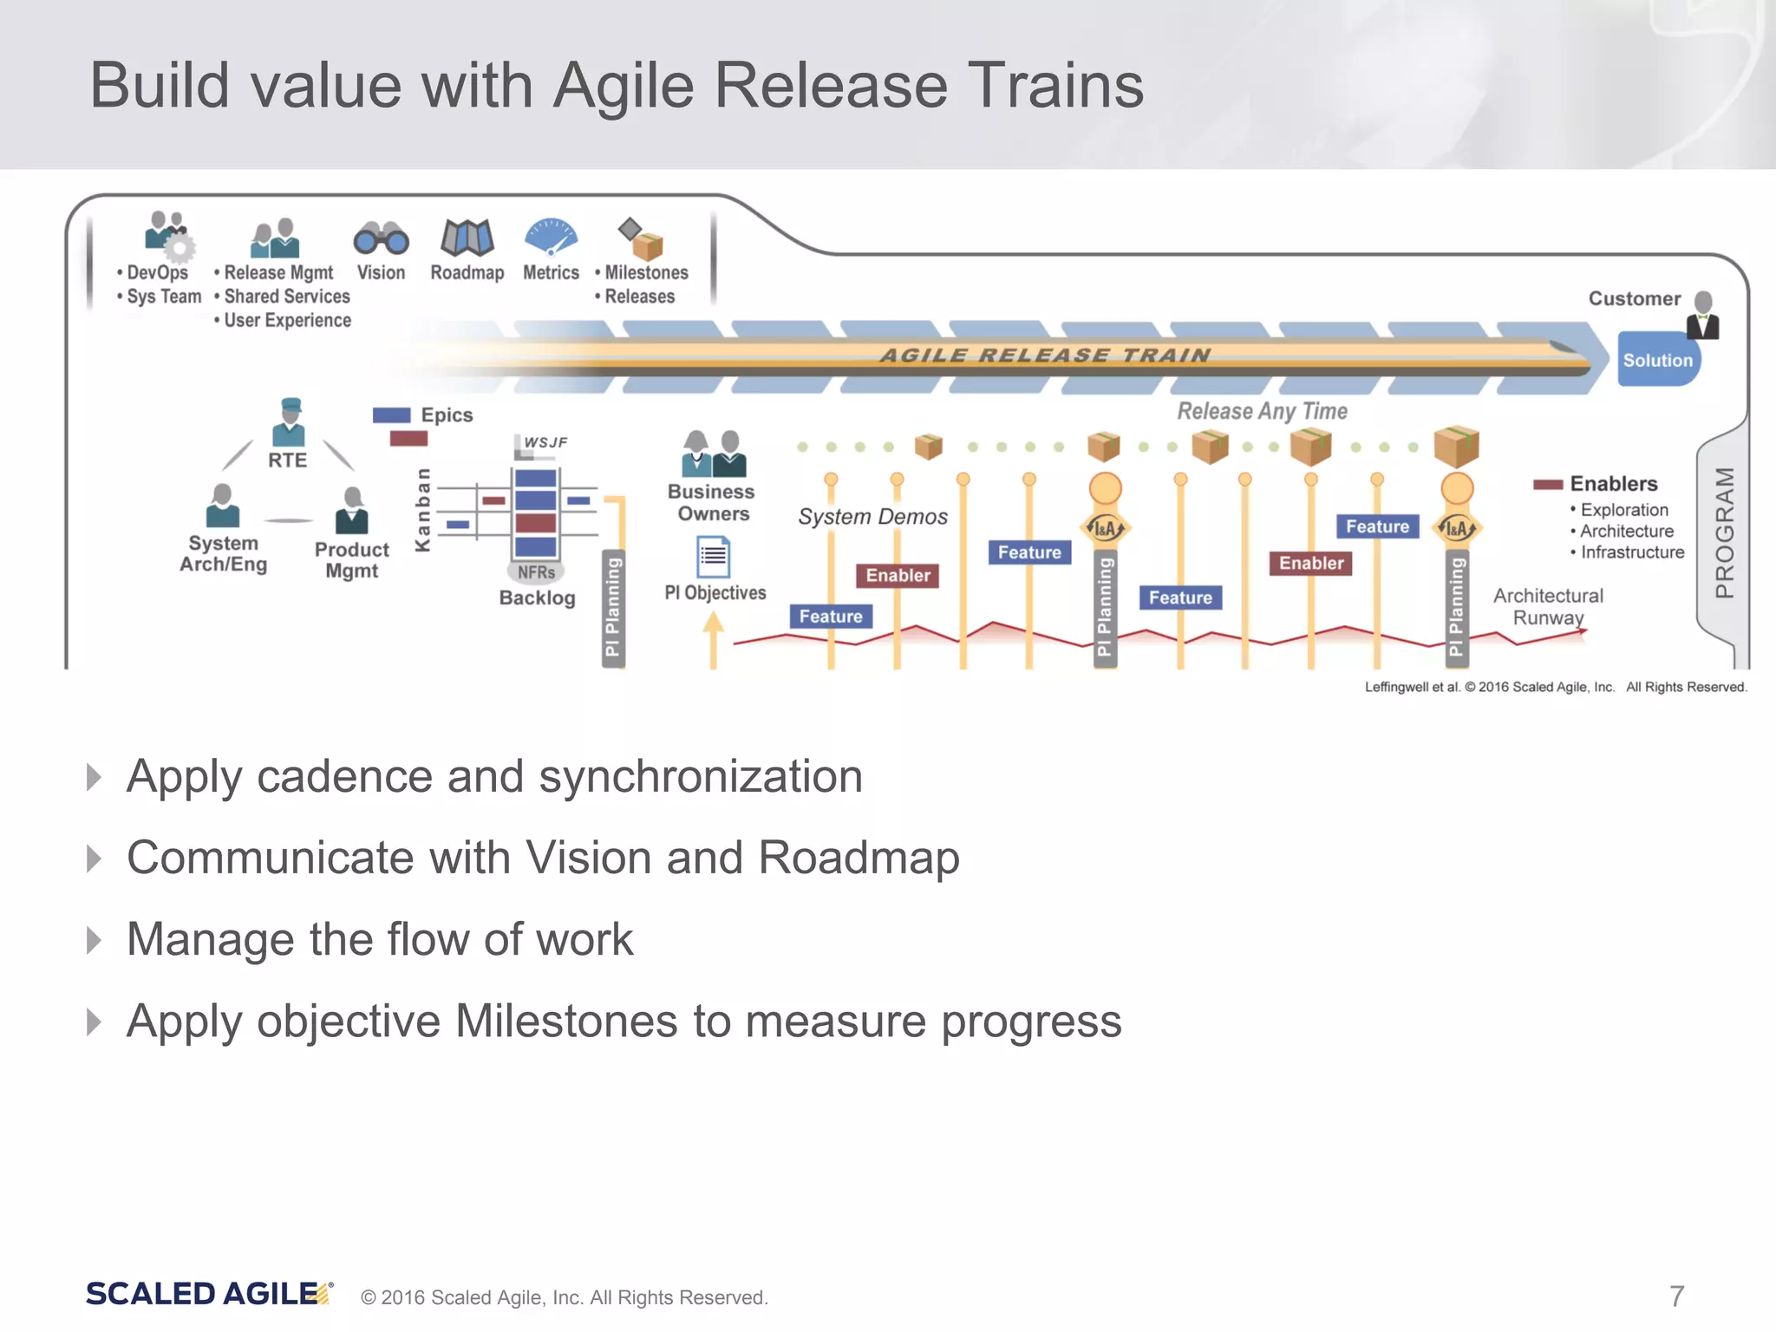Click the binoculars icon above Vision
(381, 238)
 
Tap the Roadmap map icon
(467, 237)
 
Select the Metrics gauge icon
(551, 236)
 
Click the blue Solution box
(1657, 359)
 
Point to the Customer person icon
(1703, 315)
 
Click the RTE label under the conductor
(287, 460)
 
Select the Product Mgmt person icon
(352, 511)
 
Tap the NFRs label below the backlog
(536, 572)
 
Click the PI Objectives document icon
(714, 557)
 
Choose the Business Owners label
(711, 502)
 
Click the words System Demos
(872, 517)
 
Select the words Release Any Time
(1262, 411)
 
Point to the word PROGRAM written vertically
(1725, 532)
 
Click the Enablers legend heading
(1613, 484)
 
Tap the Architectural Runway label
(1548, 606)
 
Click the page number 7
(1676, 1296)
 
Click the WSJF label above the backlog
(545, 442)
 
